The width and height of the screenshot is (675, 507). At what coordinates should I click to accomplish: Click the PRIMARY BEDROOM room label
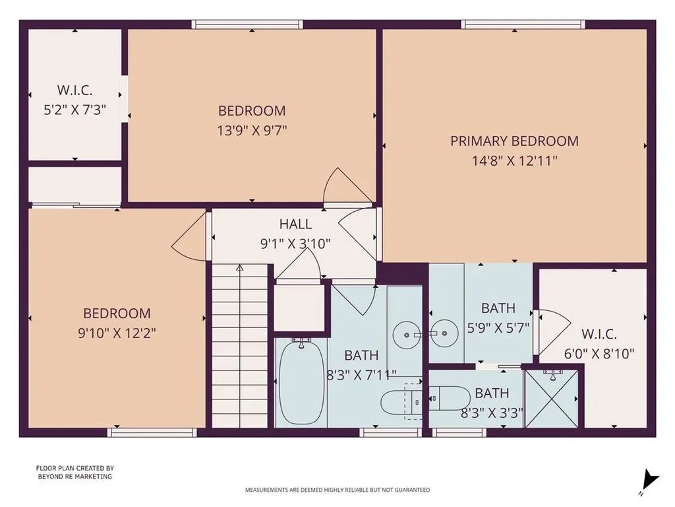514,141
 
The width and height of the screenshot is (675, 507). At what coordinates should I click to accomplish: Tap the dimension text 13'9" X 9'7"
252,130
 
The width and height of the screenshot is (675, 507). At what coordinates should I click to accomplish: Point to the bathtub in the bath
301,383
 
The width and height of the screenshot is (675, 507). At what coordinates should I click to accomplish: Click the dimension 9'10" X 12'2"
117,333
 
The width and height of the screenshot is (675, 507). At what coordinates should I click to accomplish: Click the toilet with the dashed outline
402,400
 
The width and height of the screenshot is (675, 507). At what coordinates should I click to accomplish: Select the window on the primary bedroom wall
523,24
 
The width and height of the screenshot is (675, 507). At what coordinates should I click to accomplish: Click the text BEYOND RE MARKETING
74,476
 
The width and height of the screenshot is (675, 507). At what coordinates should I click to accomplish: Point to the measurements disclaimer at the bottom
337,490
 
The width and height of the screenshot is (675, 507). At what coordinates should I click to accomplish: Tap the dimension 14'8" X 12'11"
514,160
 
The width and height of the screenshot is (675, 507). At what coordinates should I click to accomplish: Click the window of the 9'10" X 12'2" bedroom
152,432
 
